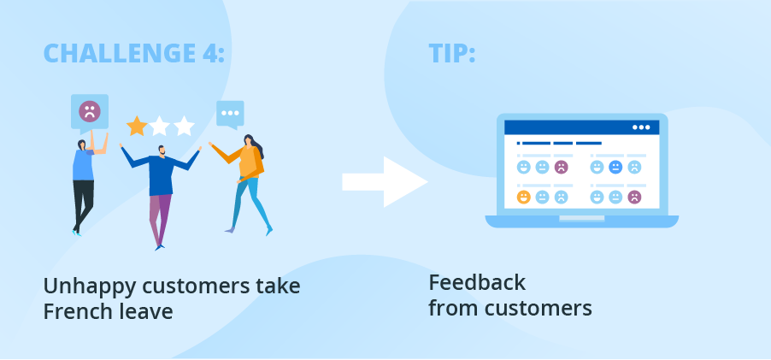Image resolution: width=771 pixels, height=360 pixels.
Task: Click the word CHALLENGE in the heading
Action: tap(120, 53)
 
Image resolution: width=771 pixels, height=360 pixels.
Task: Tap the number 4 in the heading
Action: tap(210, 53)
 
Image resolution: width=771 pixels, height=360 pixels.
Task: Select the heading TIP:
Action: tap(452, 53)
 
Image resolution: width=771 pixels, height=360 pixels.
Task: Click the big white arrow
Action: tap(385, 182)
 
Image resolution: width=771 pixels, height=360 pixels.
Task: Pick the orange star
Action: tap(137, 126)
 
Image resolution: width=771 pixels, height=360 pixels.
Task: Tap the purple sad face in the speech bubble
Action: tap(90, 112)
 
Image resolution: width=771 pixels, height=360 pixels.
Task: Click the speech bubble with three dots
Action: tap(230, 114)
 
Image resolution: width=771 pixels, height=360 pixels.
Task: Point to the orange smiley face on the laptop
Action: tap(524, 198)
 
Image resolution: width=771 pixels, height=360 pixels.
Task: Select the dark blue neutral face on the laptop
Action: tap(615, 167)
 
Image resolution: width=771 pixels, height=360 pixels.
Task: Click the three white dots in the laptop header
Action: tap(641, 127)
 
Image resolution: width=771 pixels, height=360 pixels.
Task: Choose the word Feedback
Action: tap(477, 283)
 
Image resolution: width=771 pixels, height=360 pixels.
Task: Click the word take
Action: tap(278, 286)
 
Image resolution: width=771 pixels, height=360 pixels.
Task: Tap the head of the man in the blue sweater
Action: tap(162, 150)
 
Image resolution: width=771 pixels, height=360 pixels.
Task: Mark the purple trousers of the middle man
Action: tap(161, 220)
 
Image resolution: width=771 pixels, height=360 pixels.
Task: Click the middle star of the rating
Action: tap(160, 126)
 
